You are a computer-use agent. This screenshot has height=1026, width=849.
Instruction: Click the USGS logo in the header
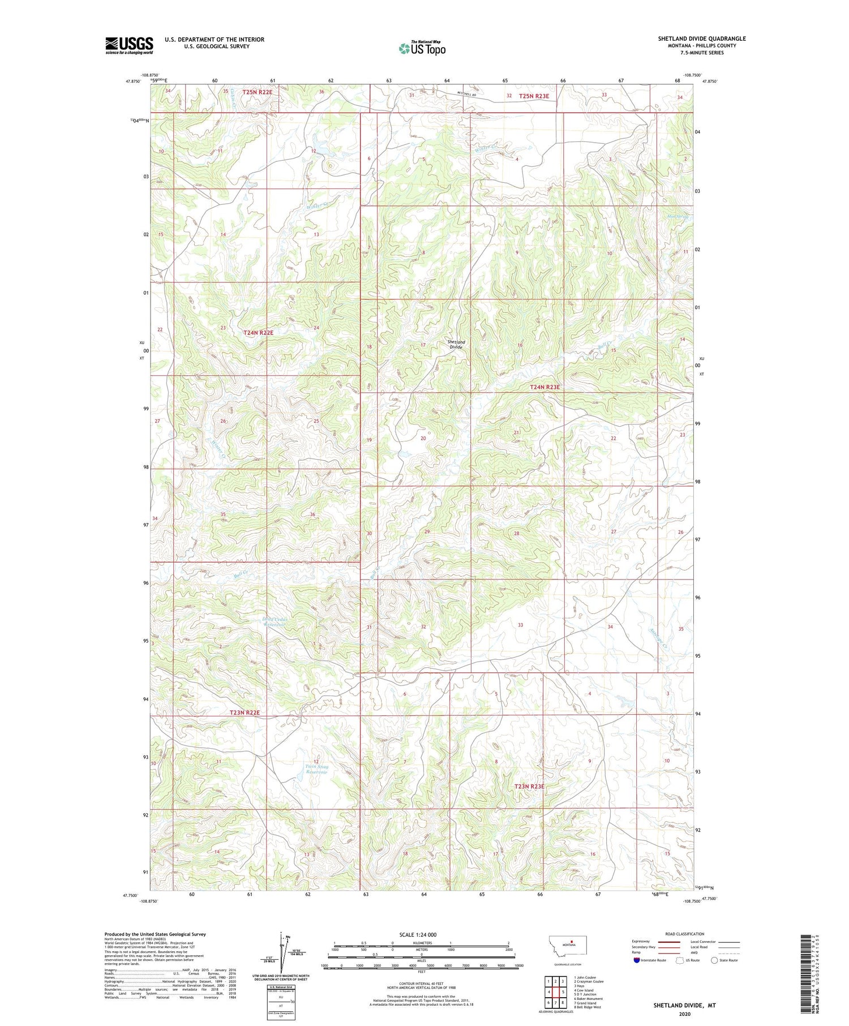click(x=129, y=45)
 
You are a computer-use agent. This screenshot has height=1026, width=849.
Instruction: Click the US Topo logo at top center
click(x=422, y=48)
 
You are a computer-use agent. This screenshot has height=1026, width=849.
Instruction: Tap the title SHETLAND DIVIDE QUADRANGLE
click(x=701, y=38)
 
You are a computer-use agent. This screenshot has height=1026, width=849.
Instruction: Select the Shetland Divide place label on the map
click(x=456, y=344)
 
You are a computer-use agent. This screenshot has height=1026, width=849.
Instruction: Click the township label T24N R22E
click(x=258, y=333)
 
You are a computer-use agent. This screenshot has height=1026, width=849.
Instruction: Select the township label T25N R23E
click(x=534, y=96)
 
